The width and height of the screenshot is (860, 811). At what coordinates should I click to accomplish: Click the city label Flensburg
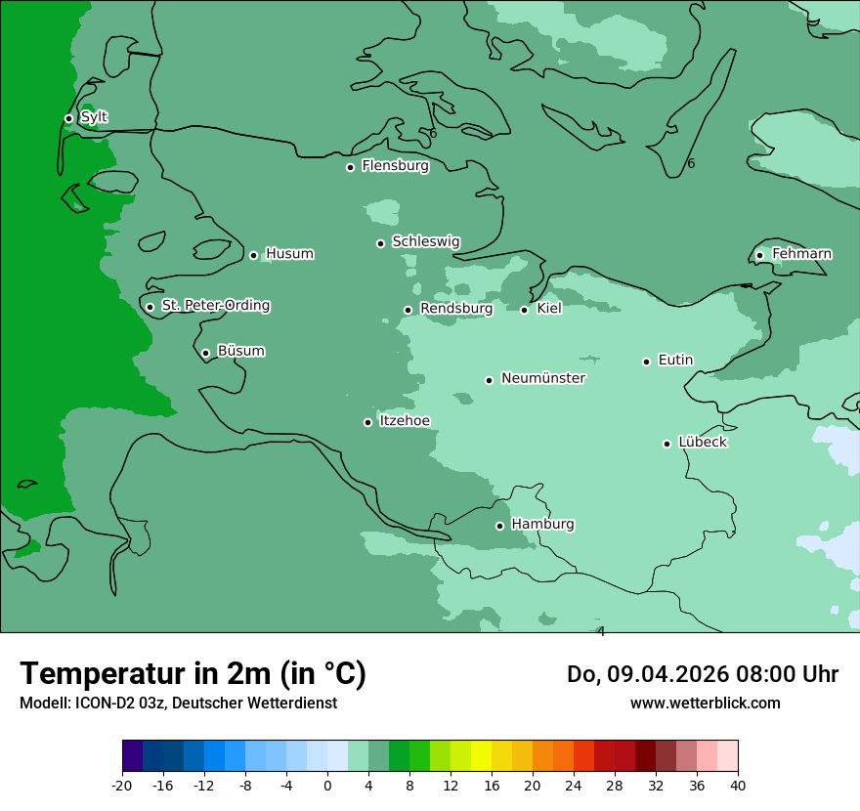tap(395, 166)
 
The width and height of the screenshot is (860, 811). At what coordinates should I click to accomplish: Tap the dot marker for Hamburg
tap(499, 526)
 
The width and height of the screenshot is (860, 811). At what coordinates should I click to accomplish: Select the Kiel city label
tap(549, 309)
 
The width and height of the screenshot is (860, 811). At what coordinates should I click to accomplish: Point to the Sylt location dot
tap(68, 118)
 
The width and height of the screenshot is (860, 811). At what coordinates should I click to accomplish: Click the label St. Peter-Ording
tap(215, 306)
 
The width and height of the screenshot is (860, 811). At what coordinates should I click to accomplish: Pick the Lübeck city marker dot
tap(666, 444)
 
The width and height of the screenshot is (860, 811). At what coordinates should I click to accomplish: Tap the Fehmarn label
tap(801, 254)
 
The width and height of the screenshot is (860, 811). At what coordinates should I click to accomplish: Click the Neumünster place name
tap(543, 378)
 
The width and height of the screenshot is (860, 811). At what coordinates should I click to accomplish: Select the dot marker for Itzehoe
tap(367, 422)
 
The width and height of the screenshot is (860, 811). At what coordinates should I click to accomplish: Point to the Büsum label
tap(240, 351)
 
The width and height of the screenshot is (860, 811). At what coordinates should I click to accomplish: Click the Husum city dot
tap(253, 255)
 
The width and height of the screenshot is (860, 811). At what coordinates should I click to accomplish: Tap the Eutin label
tap(675, 361)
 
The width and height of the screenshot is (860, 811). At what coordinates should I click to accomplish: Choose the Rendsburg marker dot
tap(408, 310)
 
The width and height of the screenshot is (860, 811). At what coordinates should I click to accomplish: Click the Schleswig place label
tap(425, 241)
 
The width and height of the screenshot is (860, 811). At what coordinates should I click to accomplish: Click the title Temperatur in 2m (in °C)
tap(193, 673)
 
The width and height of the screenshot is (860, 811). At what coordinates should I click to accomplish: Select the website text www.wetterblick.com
tap(705, 703)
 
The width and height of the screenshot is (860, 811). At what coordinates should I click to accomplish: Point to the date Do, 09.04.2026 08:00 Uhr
tap(702, 673)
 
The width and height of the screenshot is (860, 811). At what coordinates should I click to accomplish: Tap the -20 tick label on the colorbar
tap(122, 786)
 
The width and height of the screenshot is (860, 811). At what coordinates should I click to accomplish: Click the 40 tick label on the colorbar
tap(738, 786)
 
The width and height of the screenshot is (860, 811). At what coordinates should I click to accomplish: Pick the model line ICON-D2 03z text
tap(178, 703)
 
